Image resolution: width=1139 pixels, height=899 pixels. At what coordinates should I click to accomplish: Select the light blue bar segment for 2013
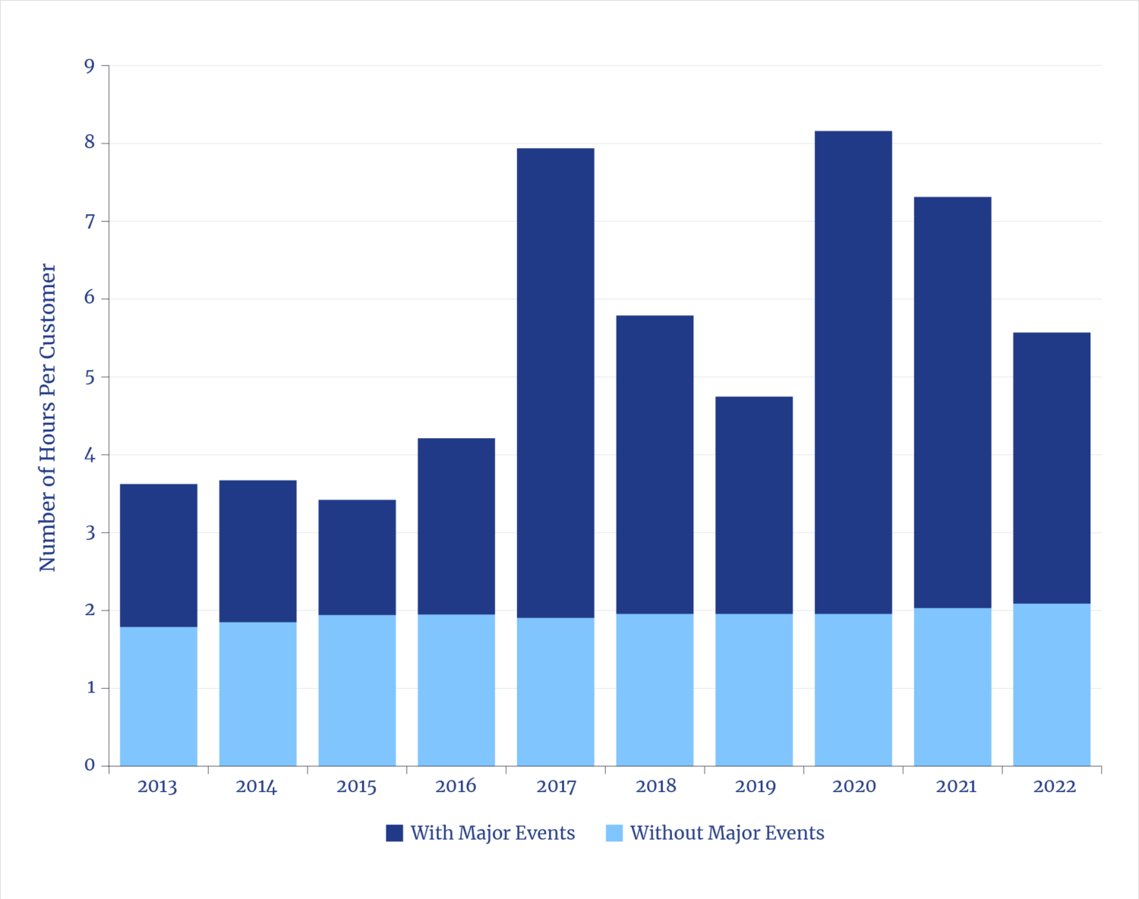point(159,696)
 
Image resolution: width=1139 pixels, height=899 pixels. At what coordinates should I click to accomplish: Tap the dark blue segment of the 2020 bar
point(853,372)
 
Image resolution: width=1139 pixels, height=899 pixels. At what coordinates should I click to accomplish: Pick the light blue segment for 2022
point(1052,684)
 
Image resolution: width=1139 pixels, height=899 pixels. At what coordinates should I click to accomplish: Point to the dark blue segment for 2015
point(357,557)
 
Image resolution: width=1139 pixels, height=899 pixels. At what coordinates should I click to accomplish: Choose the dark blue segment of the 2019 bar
point(754,505)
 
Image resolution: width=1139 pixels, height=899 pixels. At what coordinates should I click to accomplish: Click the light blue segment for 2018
point(655,689)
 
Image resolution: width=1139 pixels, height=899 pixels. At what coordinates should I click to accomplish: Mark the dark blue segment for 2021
point(953,402)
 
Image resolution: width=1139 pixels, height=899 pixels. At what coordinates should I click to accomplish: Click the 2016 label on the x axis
point(456,786)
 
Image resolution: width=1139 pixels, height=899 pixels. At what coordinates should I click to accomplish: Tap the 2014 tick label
point(257,786)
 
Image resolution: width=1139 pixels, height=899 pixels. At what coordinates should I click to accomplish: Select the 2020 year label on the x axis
point(853,786)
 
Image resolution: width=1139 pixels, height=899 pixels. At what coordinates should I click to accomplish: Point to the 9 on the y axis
point(90,66)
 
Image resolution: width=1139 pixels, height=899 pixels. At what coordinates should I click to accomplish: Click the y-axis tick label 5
point(90,377)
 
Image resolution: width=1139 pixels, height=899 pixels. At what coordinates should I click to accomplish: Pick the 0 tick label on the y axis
point(90,765)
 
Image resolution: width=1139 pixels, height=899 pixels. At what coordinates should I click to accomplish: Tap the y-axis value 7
point(90,222)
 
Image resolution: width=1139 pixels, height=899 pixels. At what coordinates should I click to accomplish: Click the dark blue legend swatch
point(394,833)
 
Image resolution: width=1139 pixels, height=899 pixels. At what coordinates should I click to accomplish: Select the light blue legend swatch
point(614,833)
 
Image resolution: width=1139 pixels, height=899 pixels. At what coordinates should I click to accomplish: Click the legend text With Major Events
point(493,833)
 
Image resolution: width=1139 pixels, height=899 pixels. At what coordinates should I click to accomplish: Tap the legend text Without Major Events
point(727,833)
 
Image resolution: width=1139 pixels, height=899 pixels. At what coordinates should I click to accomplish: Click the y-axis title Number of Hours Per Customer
point(48,417)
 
